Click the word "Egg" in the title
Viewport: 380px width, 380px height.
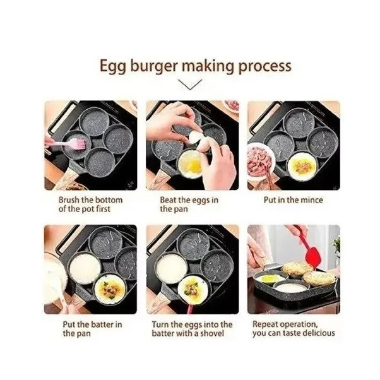112,66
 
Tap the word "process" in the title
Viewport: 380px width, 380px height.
265,66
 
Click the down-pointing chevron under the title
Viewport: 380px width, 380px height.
190,85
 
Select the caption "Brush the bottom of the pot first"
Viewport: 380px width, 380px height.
90,205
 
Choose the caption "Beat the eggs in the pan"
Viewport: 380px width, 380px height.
189,205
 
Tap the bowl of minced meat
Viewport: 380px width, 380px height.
259,161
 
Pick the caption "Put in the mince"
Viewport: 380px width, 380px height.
294,200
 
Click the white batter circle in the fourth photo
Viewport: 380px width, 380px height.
85,268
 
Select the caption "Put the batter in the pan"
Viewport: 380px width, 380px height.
92,329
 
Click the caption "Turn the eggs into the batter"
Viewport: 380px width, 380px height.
192,329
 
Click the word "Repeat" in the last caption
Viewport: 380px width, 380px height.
266,324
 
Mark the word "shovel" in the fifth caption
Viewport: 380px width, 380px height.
211,333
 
